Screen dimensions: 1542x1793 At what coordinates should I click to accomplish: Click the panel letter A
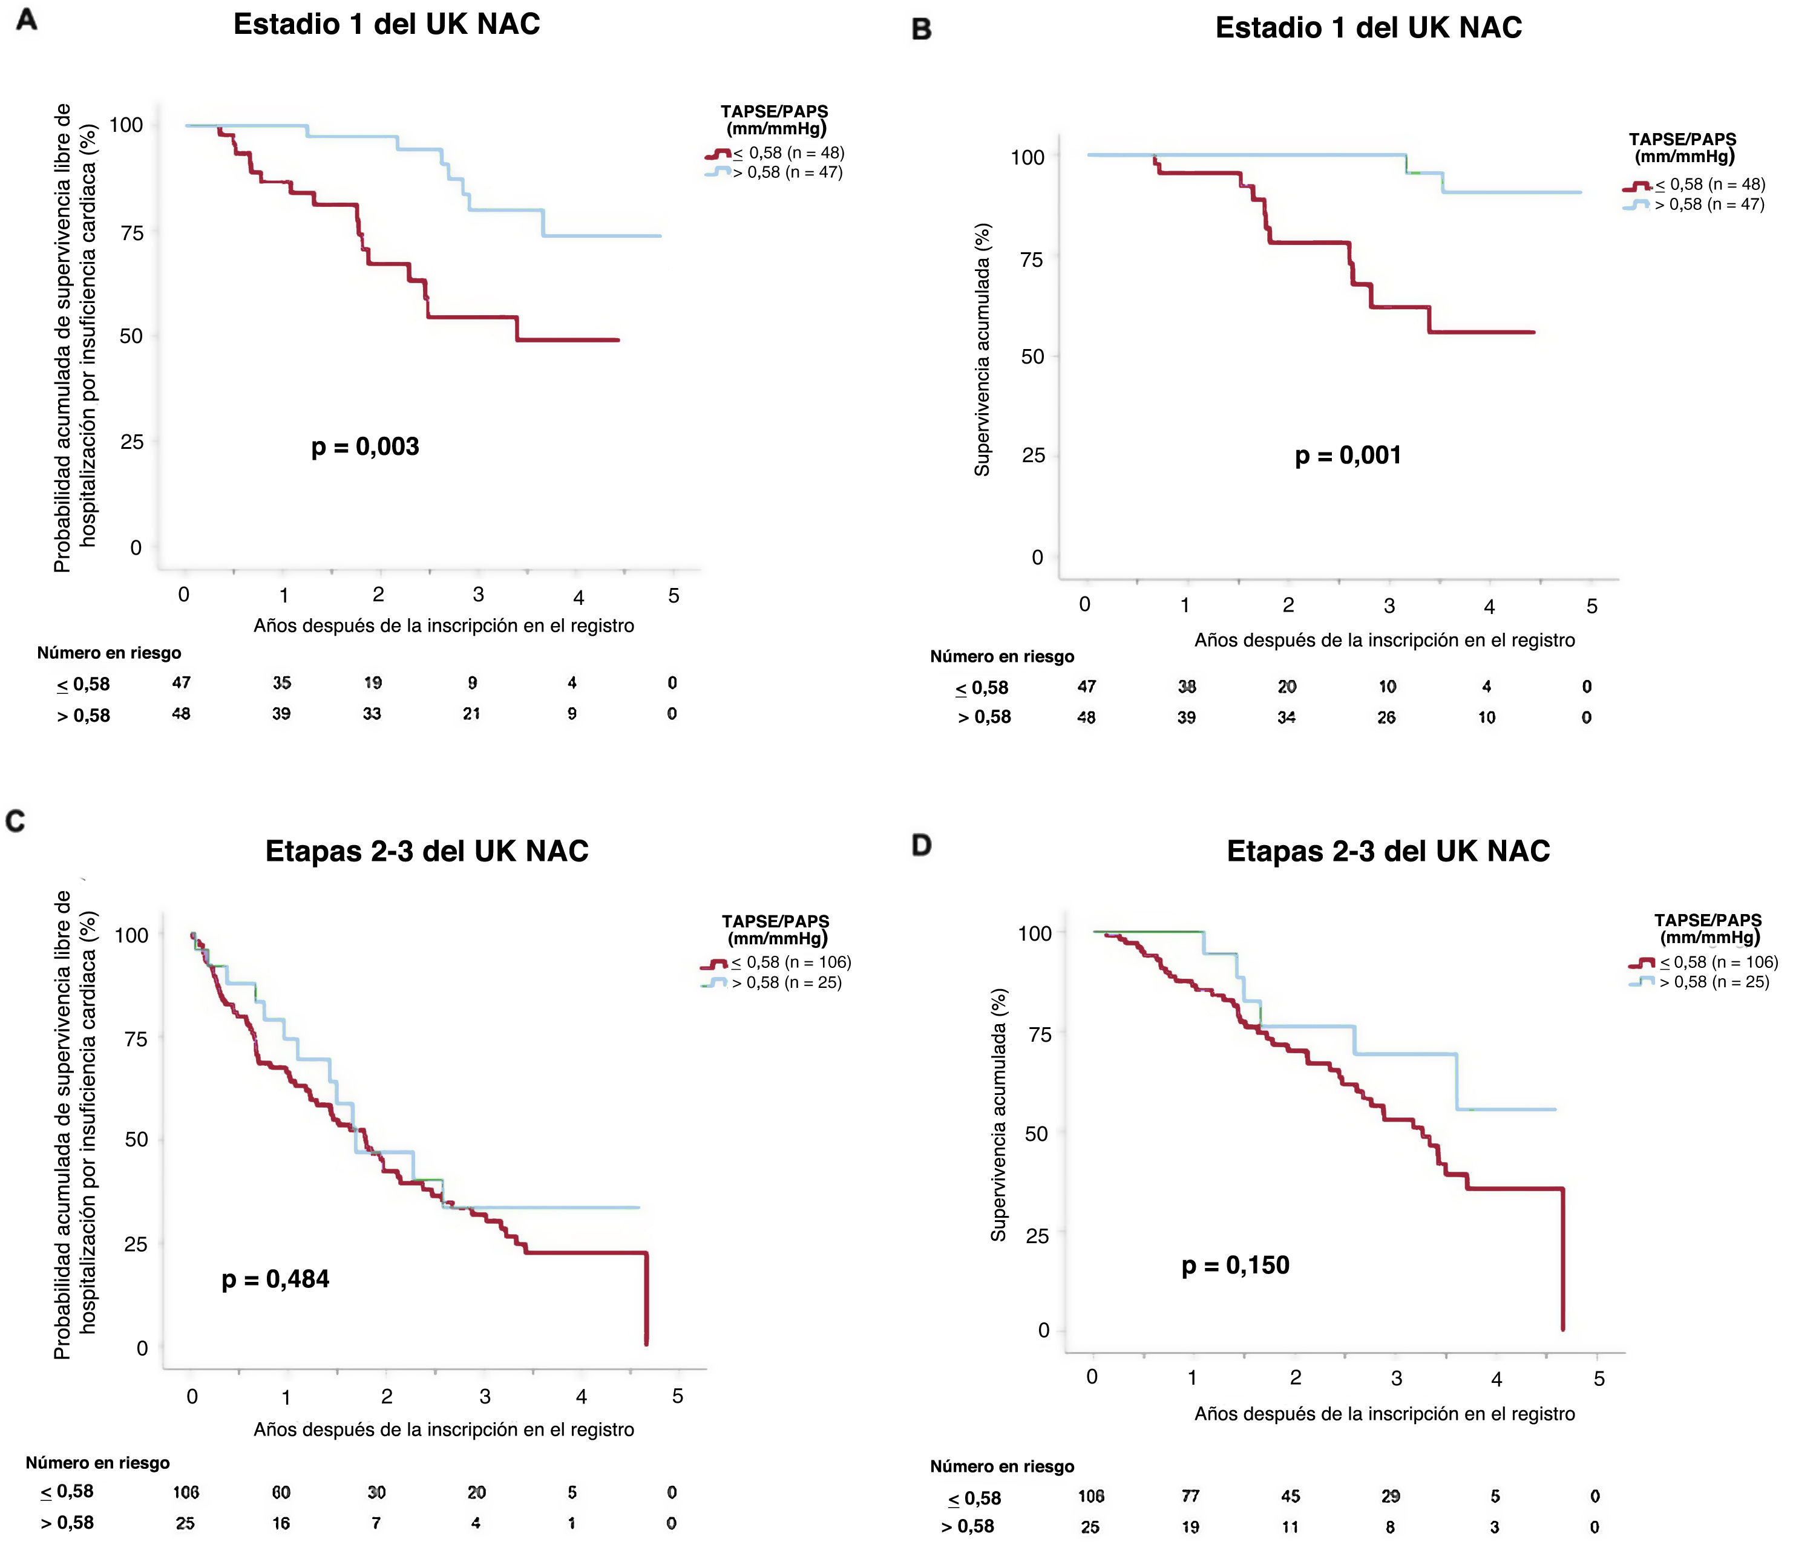pyautogui.click(x=27, y=19)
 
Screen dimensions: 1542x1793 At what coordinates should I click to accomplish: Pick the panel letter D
pyautogui.click(x=922, y=845)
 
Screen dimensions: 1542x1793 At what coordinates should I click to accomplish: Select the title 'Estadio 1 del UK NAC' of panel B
pyautogui.click(x=1368, y=28)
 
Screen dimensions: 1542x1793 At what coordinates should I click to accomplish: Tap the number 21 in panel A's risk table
pyautogui.click(x=471, y=714)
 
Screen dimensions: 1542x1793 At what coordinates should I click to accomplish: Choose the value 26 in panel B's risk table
pyautogui.click(x=1386, y=717)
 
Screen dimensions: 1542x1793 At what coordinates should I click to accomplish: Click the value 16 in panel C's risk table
pyautogui.click(x=281, y=1523)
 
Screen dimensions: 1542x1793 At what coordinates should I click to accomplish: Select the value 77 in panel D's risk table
pyautogui.click(x=1191, y=1495)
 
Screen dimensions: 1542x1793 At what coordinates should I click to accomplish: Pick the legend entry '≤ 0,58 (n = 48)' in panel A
pyautogui.click(x=787, y=153)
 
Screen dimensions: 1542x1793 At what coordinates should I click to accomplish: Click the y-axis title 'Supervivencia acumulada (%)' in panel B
pyautogui.click(x=982, y=350)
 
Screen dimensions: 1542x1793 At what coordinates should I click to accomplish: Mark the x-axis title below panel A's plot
pyautogui.click(x=443, y=626)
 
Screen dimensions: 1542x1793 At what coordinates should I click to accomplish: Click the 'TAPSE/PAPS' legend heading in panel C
pyautogui.click(x=775, y=921)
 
